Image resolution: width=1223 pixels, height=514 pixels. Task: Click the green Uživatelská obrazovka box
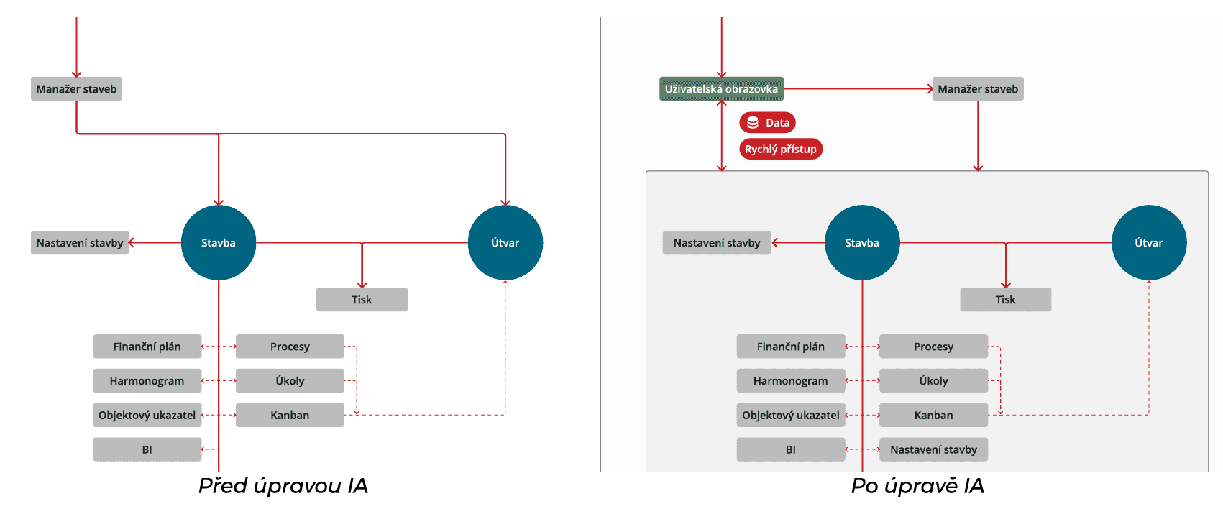pos(721,89)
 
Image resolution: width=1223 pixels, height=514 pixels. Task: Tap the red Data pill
pos(767,123)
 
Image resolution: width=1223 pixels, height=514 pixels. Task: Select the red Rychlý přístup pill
pos(780,150)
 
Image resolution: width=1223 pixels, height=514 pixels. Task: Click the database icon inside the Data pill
pos(753,123)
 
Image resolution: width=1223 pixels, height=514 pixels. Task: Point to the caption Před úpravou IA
pos(283,486)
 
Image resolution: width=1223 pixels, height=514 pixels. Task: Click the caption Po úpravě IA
pos(917,486)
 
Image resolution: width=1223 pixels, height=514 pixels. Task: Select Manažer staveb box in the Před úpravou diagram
pos(76,89)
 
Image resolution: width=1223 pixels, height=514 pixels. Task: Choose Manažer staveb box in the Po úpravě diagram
pos(977,89)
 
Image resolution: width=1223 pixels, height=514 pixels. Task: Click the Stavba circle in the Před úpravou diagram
pos(219,243)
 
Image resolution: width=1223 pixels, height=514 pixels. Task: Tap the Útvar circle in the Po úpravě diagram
pos(1148,243)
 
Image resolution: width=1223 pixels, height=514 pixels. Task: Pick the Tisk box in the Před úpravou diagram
pos(362,300)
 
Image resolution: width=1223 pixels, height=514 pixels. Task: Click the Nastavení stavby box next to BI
pos(933,450)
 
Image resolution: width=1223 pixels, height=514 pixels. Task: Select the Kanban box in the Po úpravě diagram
pos(933,416)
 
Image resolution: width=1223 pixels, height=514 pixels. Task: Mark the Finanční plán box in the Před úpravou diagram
pos(147,347)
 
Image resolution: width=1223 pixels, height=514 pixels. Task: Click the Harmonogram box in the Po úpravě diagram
pos(790,381)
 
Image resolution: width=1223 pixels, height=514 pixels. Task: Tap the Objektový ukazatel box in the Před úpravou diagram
pos(147,416)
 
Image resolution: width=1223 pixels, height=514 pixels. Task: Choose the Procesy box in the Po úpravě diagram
pos(933,347)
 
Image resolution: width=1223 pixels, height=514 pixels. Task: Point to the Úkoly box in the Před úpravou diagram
pos(290,381)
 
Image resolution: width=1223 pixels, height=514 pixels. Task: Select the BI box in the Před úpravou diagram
pos(147,450)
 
